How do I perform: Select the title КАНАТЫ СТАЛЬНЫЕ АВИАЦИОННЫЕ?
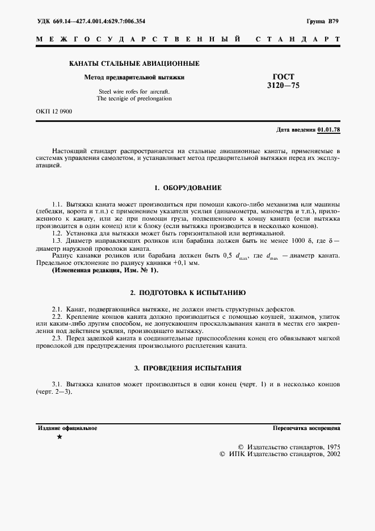[x=134, y=64]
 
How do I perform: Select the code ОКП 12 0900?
[x=54, y=111]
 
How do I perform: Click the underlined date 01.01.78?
[x=329, y=130]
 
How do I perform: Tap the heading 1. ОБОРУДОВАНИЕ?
[x=188, y=187]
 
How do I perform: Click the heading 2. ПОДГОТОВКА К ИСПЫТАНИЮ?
[x=188, y=293]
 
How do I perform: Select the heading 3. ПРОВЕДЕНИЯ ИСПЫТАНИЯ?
[x=188, y=368]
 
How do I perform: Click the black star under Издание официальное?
[x=60, y=437]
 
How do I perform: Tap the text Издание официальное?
[x=68, y=428]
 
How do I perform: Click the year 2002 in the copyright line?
[x=330, y=454]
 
